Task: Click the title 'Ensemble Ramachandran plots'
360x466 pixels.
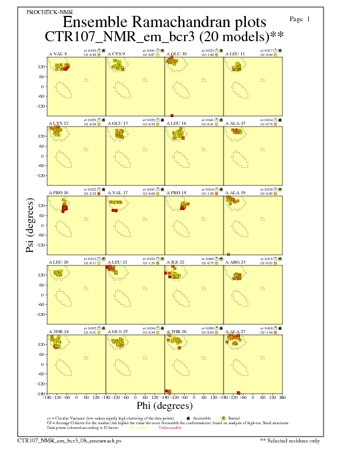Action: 164,22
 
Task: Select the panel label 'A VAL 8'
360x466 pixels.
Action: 58,54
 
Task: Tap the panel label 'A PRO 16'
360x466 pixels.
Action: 58,192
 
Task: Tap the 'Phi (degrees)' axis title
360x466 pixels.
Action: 164,405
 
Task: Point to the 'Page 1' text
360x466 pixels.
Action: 300,19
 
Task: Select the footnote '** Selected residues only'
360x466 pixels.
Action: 289,440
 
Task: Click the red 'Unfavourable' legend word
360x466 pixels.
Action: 170,428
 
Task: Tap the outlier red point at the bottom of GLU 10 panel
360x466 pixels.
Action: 172,115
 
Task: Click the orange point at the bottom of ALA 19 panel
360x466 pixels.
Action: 228,254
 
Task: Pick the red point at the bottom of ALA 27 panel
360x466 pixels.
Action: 238,392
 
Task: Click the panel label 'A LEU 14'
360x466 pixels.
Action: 176,124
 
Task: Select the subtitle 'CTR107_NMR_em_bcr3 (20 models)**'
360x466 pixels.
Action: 164,36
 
